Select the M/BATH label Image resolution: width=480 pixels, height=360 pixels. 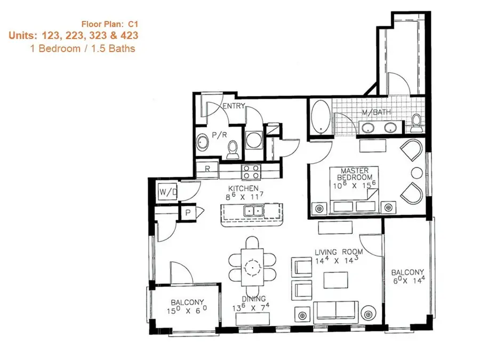click(373, 113)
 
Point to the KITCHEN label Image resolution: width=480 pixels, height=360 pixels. click(244, 189)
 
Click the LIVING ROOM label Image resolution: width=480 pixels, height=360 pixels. click(339, 252)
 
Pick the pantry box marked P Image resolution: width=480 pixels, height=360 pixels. click(188, 212)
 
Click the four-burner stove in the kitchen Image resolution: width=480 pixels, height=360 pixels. click(252, 171)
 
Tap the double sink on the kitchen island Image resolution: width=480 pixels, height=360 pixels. click(253, 211)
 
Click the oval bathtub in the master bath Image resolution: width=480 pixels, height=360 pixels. click(320, 117)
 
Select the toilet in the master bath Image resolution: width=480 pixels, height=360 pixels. click(415, 123)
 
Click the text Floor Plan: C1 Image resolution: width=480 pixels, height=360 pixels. click(110, 23)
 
